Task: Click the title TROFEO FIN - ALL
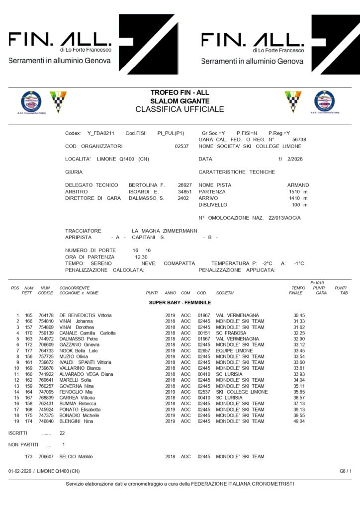tap(180, 92)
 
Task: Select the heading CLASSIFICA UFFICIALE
tap(180, 109)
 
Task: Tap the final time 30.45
tap(299, 315)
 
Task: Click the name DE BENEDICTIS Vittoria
tap(86, 315)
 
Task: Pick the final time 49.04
tap(299, 421)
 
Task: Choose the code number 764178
tap(46, 315)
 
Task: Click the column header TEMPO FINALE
tap(298, 290)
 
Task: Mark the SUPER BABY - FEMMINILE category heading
tap(180, 302)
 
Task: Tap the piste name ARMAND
tap(298, 184)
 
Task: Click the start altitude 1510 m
tap(298, 191)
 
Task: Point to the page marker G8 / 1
tap(346, 470)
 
